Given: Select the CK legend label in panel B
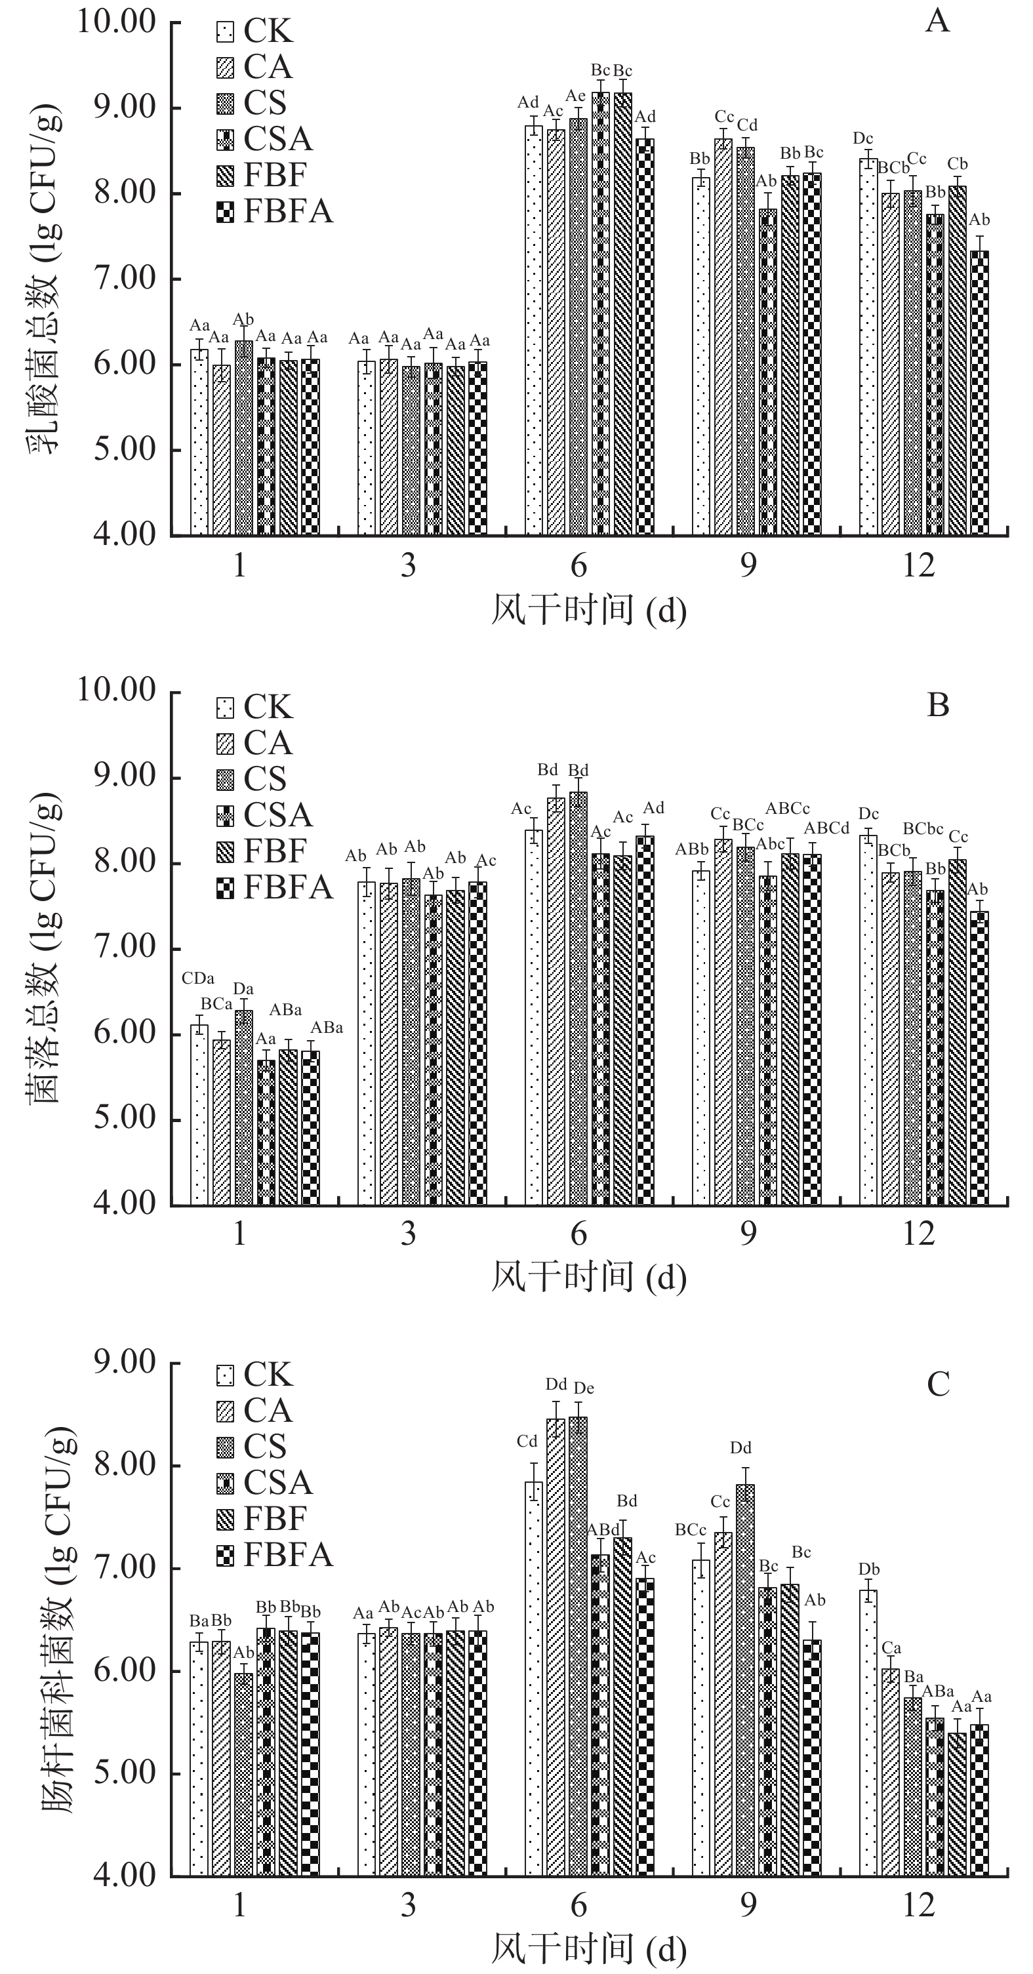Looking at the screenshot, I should pos(268,706).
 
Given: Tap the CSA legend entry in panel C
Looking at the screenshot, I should pos(277,1482).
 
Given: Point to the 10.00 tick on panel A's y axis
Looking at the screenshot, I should pos(115,22).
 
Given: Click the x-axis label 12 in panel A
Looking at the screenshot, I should pos(918,565).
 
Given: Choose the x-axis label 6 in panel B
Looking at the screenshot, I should pos(578,1233).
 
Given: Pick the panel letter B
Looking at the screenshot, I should pos(938,704).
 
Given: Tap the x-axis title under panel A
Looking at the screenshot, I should pos(588,611).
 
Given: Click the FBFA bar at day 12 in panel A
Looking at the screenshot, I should pos(979,392).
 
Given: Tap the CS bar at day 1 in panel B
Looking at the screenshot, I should pos(244,1107).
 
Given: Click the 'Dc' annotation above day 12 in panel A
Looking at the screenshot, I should pos(863,138).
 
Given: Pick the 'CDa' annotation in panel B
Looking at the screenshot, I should pos(197,978).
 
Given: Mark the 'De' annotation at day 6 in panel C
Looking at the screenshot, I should pos(584,1388).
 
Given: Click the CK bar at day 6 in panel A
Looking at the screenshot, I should pos(533,329).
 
